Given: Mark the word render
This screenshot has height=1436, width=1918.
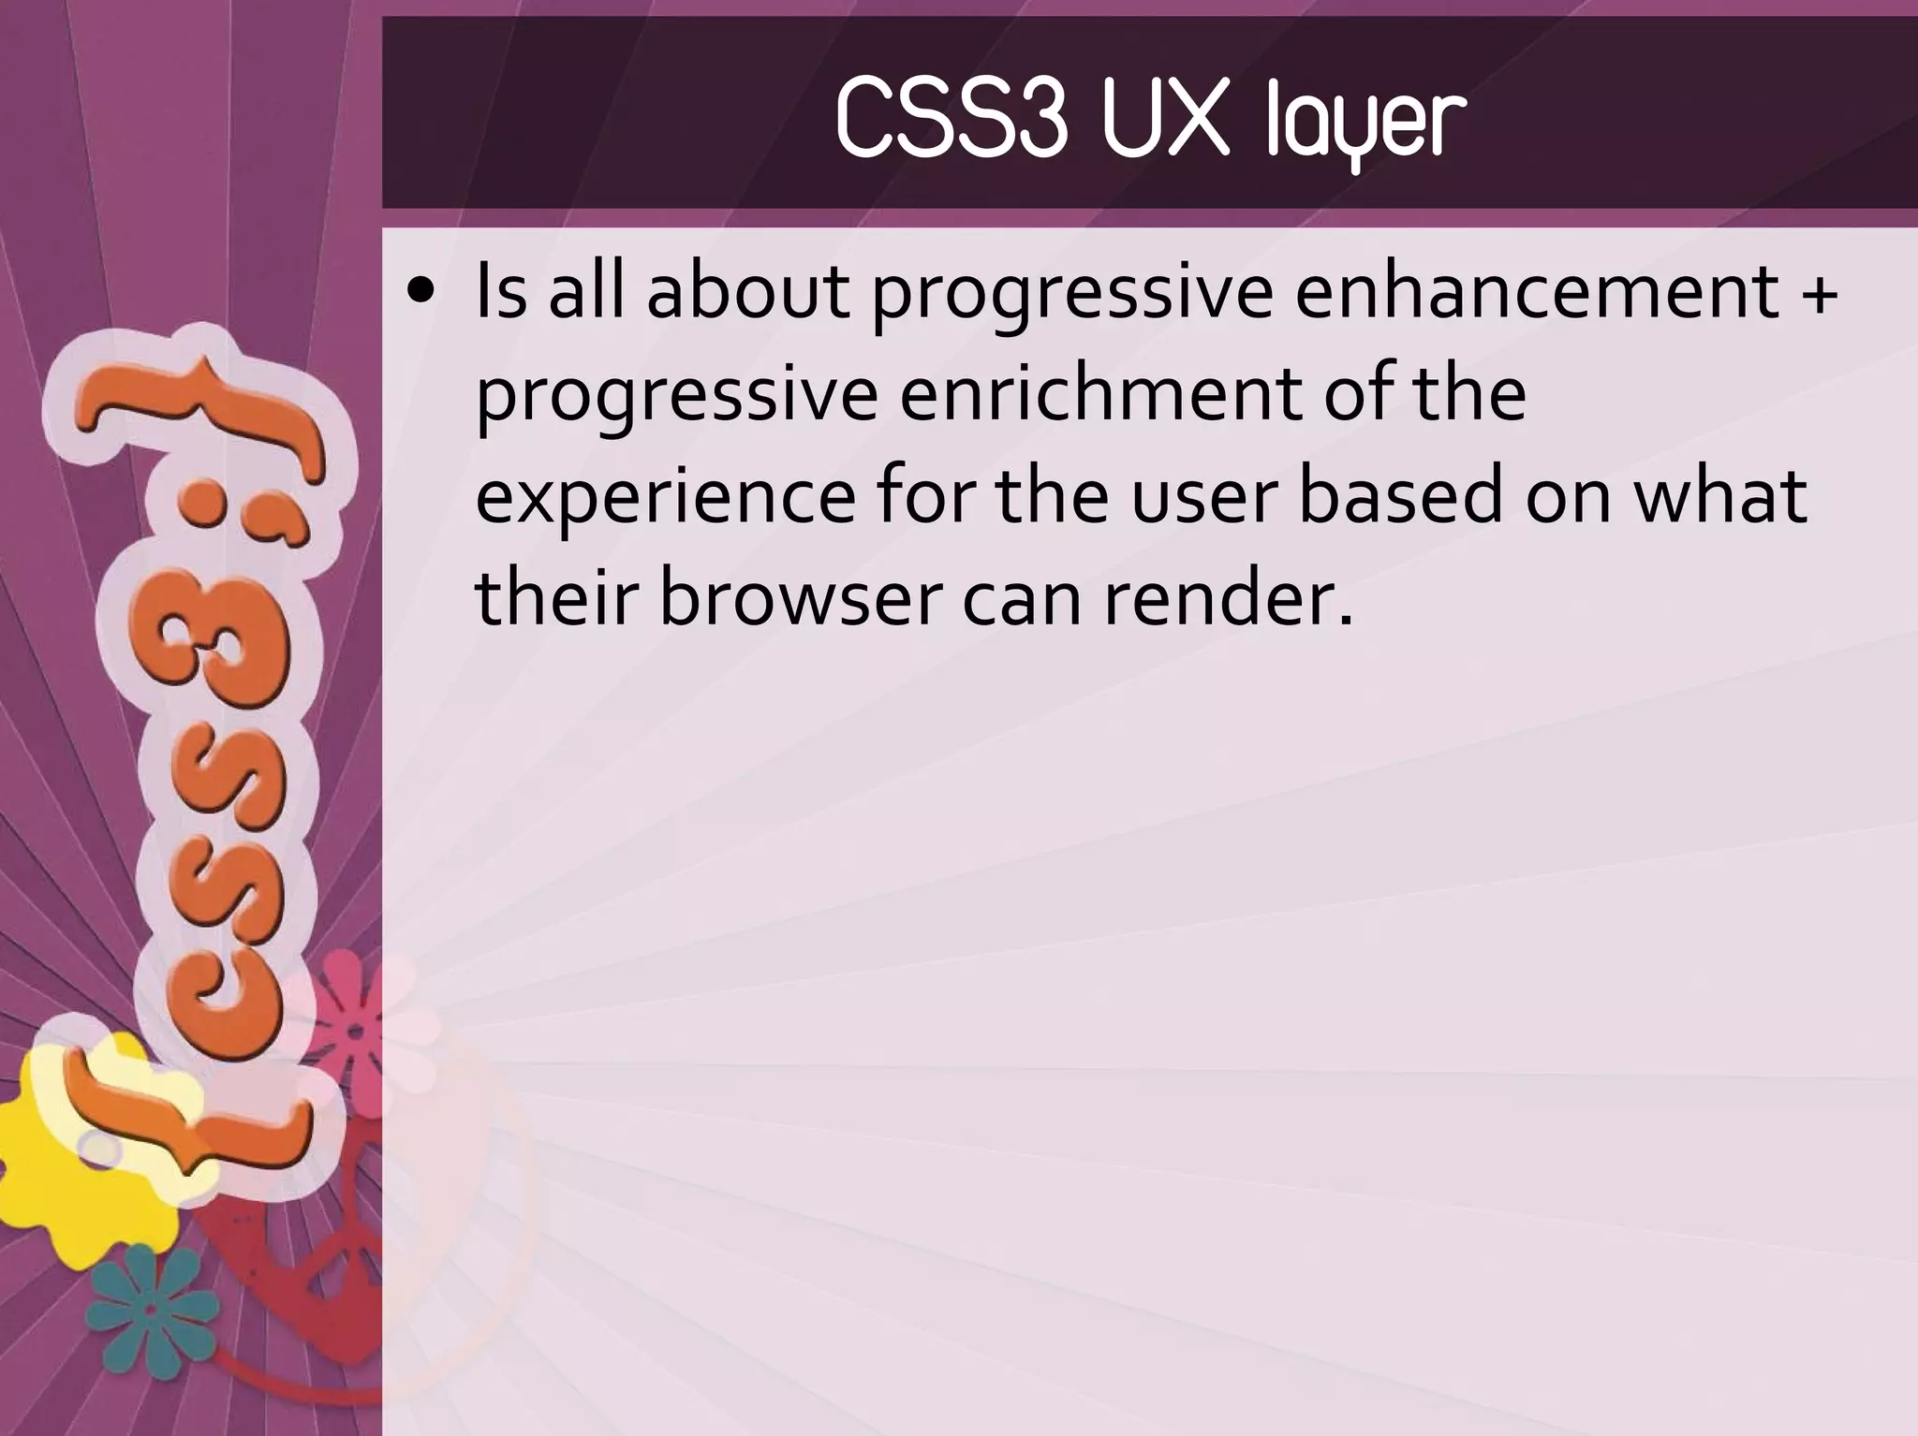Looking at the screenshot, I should click(1228, 598).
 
